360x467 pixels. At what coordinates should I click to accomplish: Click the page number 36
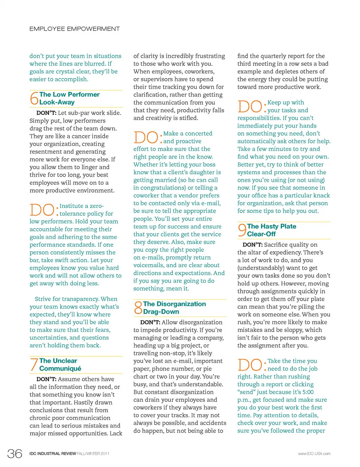tap(15, 453)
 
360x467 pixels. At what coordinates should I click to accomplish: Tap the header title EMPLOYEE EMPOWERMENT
tap(75, 29)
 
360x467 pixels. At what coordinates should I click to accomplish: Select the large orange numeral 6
tap(34, 98)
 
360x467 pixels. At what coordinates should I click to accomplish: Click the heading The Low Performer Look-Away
tap(69, 98)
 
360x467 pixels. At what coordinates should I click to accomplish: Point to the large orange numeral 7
tap(34, 365)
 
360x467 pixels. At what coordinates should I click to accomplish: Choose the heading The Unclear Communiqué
tap(60, 365)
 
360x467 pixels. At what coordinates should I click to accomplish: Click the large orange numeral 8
tap(138, 308)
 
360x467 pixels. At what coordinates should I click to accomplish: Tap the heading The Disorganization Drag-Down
tap(174, 308)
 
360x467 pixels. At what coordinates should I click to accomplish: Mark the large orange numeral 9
tap(242, 230)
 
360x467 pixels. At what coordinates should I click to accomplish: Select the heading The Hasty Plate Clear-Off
tap(271, 230)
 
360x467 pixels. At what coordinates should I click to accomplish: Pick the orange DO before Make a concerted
tap(145, 137)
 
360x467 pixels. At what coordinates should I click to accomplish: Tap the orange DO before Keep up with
tap(249, 106)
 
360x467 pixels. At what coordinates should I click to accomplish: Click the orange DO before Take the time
tap(250, 365)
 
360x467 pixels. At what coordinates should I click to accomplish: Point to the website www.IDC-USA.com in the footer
tap(314, 454)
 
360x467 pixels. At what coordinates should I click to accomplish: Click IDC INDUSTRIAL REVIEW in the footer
tap(52, 454)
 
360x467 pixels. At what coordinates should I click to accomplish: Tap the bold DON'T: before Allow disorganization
tap(150, 322)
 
